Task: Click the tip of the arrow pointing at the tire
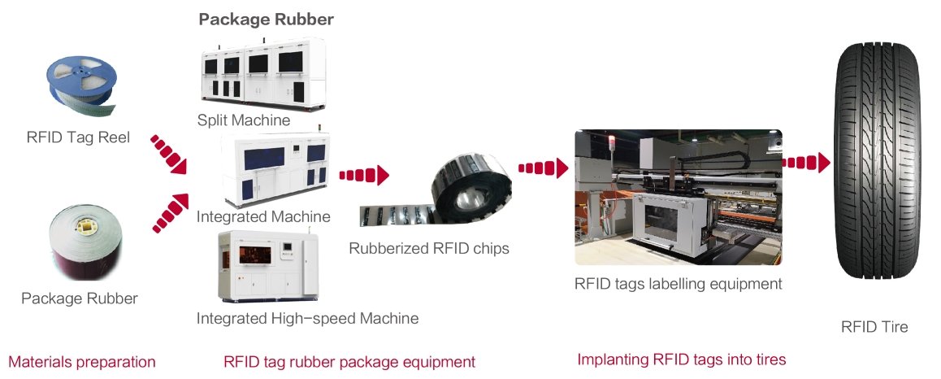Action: (x=830, y=162)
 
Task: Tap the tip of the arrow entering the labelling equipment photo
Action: (x=568, y=168)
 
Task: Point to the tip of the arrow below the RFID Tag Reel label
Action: (x=187, y=173)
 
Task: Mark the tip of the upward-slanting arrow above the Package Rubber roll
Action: (x=187, y=194)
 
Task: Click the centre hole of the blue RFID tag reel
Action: (x=80, y=75)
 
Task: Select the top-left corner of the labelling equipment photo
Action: (x=575, y=130)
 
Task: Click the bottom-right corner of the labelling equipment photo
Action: (x=783, y=265)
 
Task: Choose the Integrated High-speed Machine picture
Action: (x=267, y=265)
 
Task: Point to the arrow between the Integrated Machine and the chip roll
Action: (x=364, y=175)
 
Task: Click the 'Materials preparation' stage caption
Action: (x=82, y=362)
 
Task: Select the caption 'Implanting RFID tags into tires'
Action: (x=681, y=359)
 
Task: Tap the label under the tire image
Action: (x=874, y=327)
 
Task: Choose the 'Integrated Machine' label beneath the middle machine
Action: (x=263, y=216)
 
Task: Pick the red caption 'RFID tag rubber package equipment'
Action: (x=349, y=362)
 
